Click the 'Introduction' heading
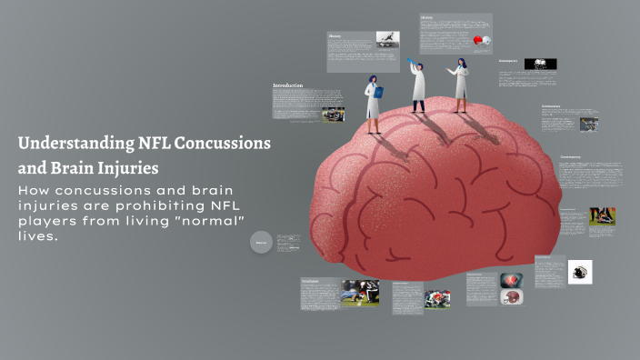[287, 85]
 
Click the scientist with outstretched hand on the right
[460, 85]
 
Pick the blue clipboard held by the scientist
[379, 92]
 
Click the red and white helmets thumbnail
[481, 42]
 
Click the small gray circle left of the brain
[261, 242]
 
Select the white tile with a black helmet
[579, 272]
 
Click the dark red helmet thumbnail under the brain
[511, 297]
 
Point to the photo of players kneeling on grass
[360, 292]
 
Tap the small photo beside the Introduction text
[334, 115]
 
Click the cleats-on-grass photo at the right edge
[602, 216]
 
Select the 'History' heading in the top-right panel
[427, 16]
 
